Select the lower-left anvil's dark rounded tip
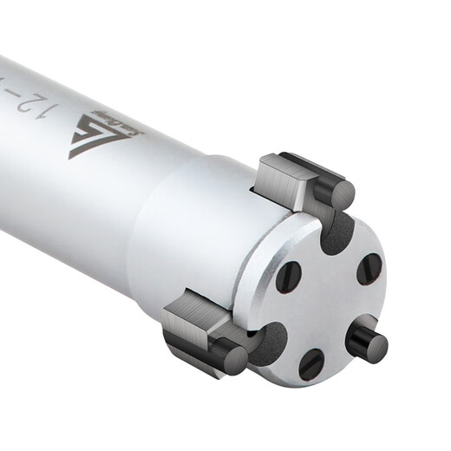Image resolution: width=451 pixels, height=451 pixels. pos(230,356)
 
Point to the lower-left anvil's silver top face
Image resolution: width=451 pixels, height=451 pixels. pos(191,308)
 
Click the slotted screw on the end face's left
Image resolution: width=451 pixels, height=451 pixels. pos(288,277)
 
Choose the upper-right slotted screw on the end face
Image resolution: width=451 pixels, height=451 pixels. pos(369,269)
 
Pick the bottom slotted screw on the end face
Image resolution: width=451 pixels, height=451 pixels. pos(311,363)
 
